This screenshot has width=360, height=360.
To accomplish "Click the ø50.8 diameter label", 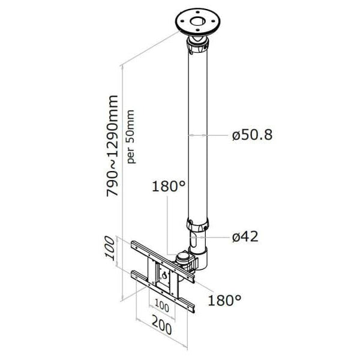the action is (x=252, y=135).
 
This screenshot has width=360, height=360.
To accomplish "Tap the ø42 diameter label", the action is (x=245, y=236).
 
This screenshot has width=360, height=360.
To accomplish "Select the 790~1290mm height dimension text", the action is (x=113, y=146).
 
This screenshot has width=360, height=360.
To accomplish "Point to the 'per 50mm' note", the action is (x=131, y=137).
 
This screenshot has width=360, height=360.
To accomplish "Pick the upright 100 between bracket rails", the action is (x=161, y=307).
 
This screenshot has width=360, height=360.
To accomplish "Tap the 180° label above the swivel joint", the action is (x=169, y=186).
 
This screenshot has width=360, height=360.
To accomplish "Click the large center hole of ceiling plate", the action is (x=197, y=22).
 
